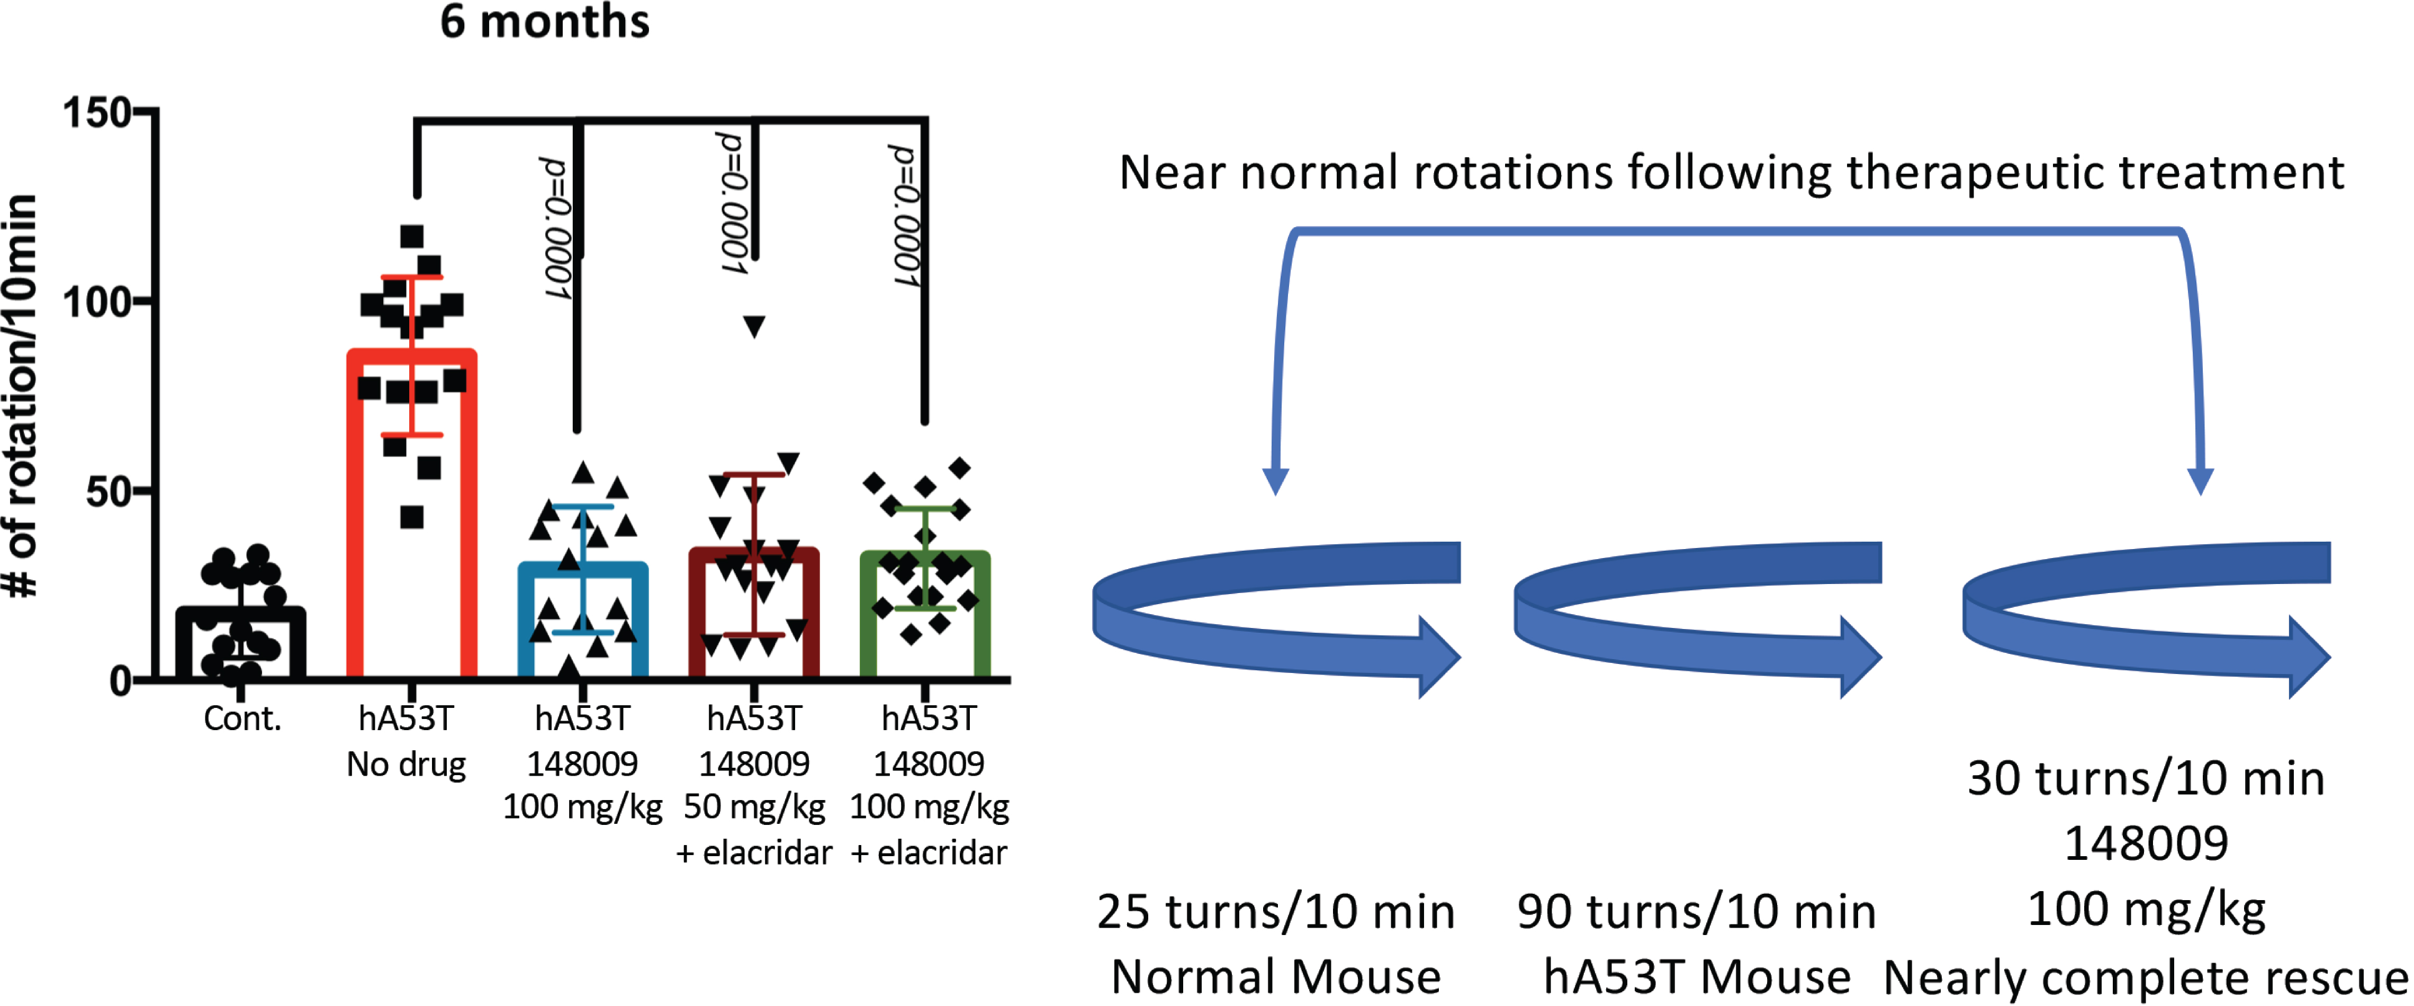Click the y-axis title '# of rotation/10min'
tap(21, 396)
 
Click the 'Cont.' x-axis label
tap(242, 719)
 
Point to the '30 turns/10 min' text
tap(2145, 779)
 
